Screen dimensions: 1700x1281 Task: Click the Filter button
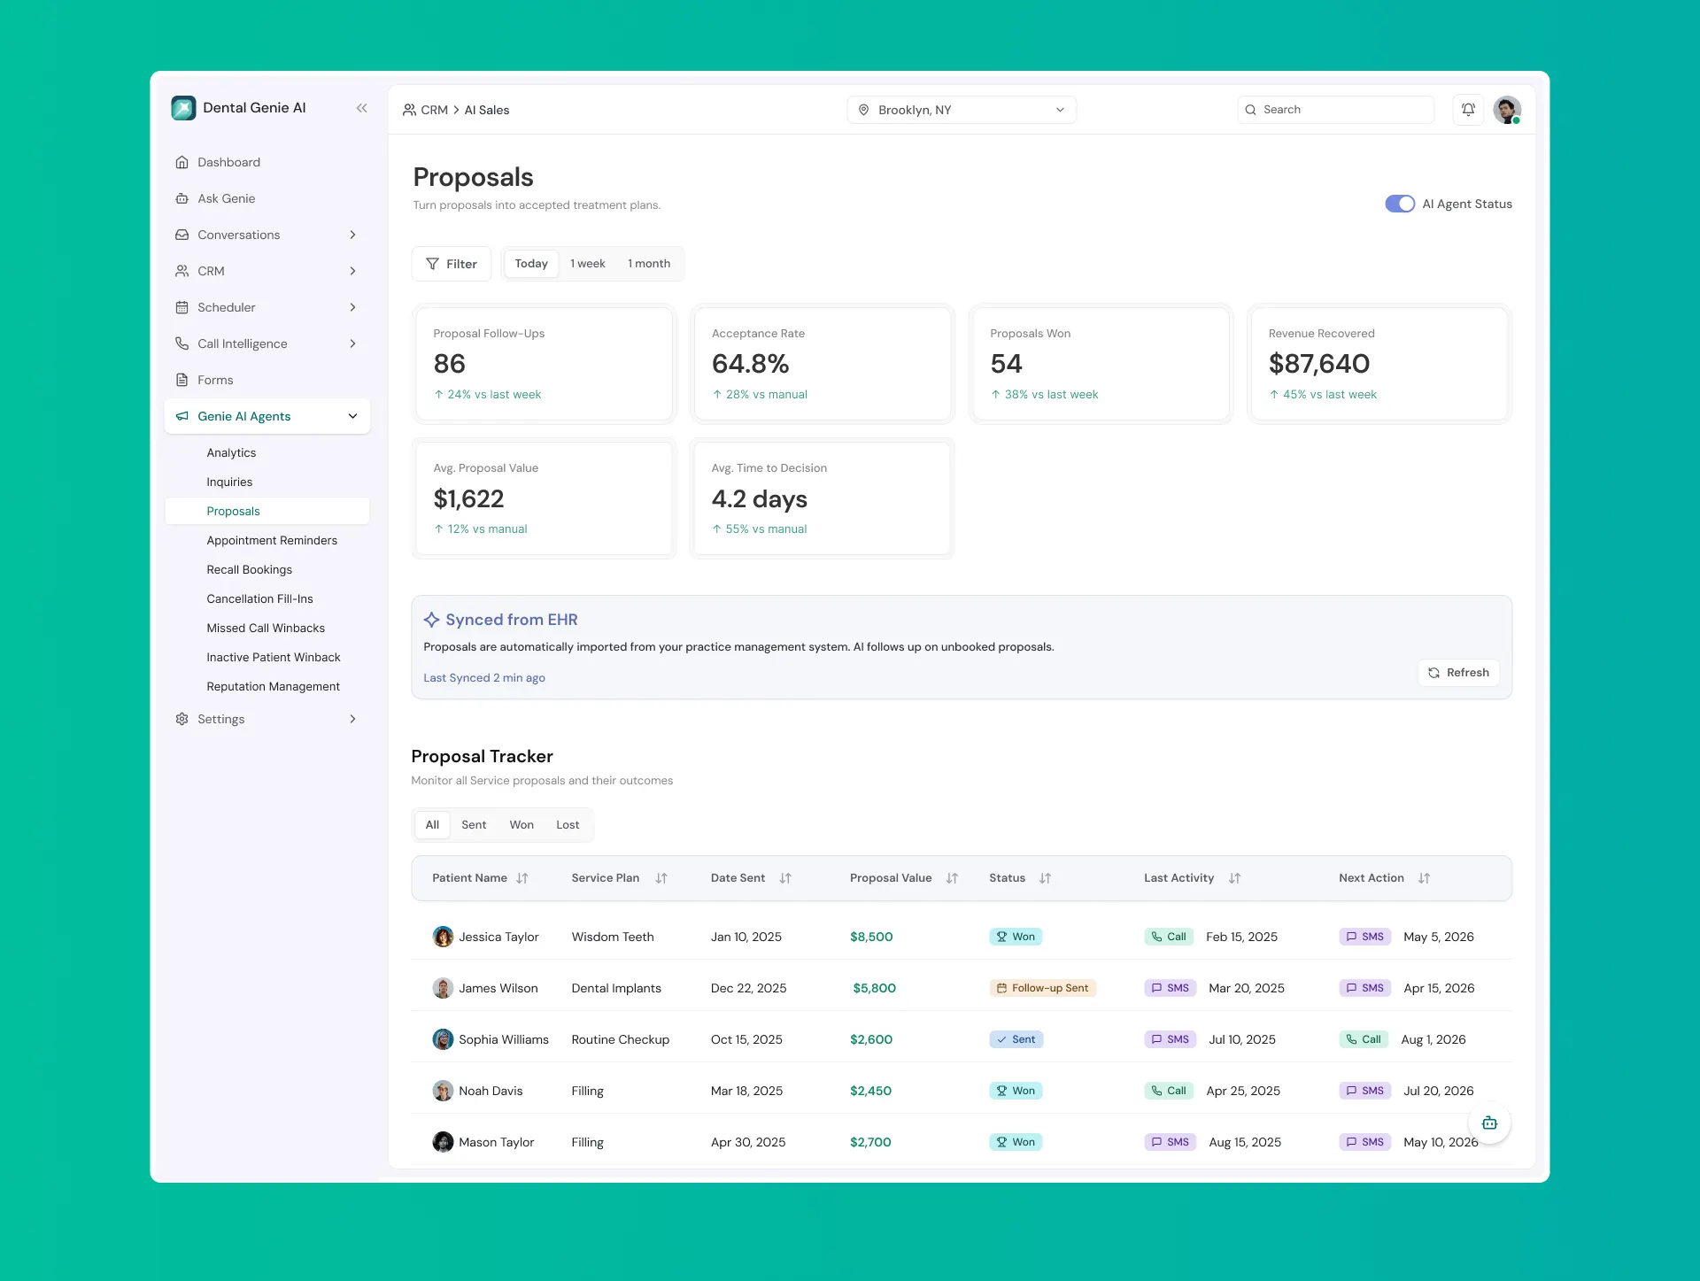coord(452,264)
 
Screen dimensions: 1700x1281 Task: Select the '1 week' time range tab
coord(588,264)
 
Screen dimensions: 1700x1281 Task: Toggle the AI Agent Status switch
coord(1400,204)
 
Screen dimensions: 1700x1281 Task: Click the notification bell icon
coord(1468,110)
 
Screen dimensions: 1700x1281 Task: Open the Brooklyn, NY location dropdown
coord(962,110)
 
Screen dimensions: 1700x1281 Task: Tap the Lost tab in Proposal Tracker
coord(568,825)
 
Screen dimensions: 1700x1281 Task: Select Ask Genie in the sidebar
coord(227,198)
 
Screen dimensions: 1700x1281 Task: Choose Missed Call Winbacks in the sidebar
coord(266,628)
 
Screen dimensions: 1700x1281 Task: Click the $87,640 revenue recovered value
coord(1319,364)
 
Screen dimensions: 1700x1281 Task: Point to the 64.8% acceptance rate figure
coord(750,364)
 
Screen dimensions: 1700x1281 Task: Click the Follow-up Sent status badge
coord(1043,988)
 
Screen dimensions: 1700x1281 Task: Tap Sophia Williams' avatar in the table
coord(443,1039)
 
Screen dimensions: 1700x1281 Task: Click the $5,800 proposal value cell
coord(874,988)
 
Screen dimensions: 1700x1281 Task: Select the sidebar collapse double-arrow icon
coord(361,108)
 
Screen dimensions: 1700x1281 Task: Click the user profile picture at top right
coord(1507,110)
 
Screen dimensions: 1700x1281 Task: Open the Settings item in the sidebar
coord(221,719)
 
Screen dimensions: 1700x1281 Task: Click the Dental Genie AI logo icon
coord(183,108)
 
